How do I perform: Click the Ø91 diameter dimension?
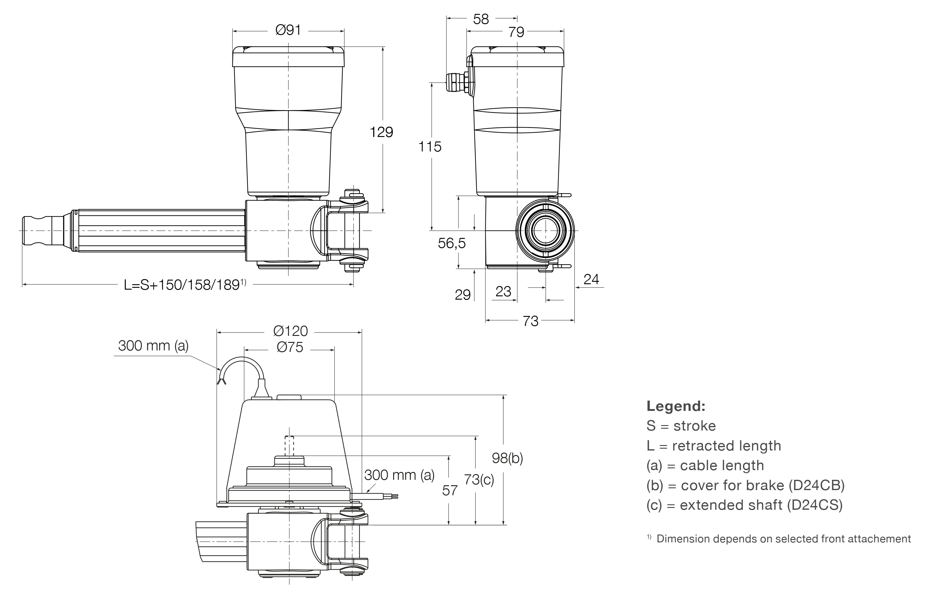pos(288,30)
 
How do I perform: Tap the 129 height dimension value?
pos(381,132)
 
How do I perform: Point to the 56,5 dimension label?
pos(451,243)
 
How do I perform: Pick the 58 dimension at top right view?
pos(481,19)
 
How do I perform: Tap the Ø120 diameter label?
pos(291,331)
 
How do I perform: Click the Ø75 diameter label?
pos(290,347)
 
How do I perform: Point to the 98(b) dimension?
pos(507,458)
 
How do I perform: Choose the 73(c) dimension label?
pos(479,480)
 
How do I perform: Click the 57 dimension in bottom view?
pos(450,491)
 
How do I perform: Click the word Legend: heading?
pos(676,406)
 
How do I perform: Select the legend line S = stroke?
pos(681,426)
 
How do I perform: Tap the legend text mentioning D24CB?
pos(745,485)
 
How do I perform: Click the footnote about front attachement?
pos(783,538)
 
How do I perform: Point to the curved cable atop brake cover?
pos(242,364)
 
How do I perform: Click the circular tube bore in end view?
pos(545,231)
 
